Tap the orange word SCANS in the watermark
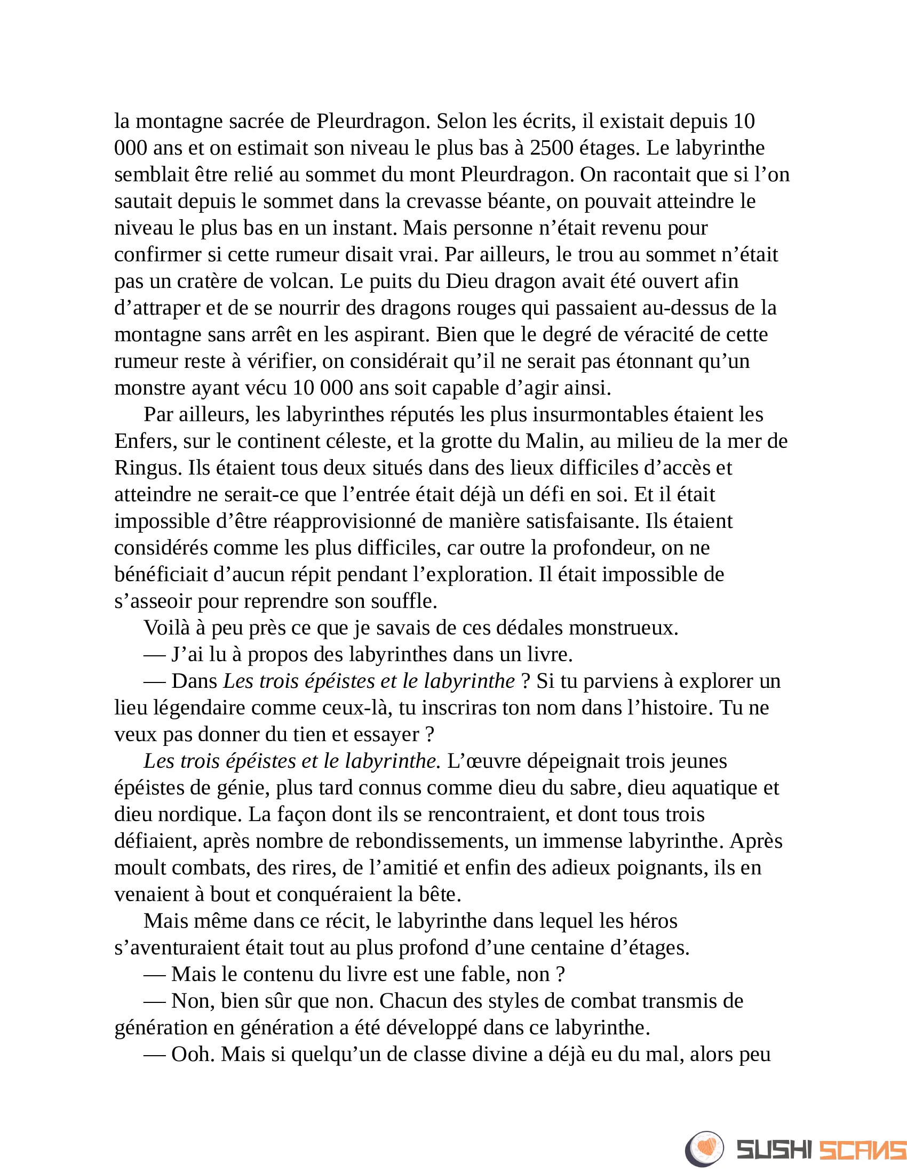(862, 1148)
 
